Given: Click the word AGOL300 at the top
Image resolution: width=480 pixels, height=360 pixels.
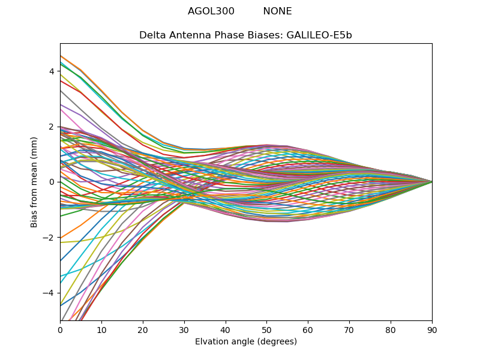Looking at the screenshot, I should tap(211, 11).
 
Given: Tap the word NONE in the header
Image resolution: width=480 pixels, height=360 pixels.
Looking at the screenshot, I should tap(277, 11).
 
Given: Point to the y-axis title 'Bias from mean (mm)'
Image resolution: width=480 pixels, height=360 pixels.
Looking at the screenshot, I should tap(34, 182).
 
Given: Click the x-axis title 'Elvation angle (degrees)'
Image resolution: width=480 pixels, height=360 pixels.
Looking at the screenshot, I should tap(246, 342).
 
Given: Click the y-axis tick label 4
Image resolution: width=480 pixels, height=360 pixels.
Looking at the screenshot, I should tap(52, 71).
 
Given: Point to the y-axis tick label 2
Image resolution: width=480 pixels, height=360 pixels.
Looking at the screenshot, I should tap(52, 127).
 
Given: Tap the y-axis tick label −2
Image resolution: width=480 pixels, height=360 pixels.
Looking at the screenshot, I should tap(49, 238).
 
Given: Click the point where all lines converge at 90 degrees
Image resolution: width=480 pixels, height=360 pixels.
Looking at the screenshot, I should tap(431, 182).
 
